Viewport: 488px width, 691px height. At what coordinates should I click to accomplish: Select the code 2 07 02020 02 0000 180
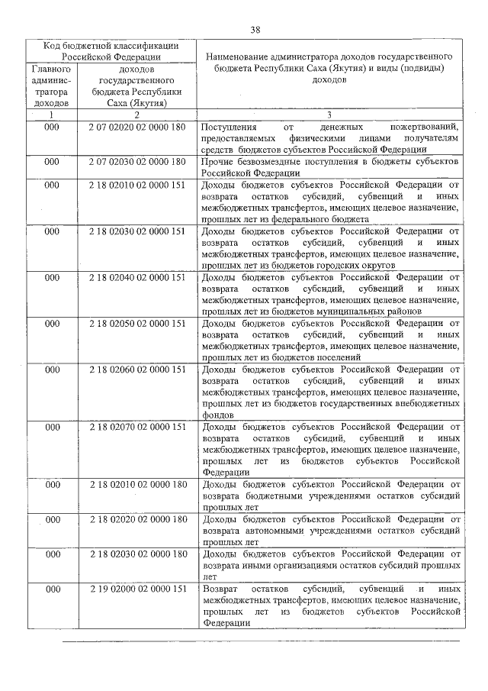pyautogui.click(x=136, y=127)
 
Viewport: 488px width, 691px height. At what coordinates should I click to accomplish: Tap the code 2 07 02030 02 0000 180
pyautogui.click(x=136, y=162)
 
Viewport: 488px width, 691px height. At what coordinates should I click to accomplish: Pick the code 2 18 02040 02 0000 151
pyautogui.click(x=136, y=278)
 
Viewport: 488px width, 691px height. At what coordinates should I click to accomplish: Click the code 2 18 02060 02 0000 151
pyautogui.click(x=136, y=370)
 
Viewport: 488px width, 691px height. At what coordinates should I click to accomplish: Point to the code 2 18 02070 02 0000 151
pyautogui.click(x=136, y=427)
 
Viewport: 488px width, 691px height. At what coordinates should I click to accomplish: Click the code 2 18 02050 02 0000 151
pyautogui.click(x=136, y=324)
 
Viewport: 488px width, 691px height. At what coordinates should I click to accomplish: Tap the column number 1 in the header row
pyautogui.click(x=51, y=115)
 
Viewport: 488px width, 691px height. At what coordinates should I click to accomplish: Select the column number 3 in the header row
pyautogui.click(x=329, y=115)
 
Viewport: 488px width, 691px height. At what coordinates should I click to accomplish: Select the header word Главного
pyautogui.click(x=51, y=68)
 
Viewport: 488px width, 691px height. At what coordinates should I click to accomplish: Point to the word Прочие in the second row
pyautogui.click(x=217, y=162)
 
